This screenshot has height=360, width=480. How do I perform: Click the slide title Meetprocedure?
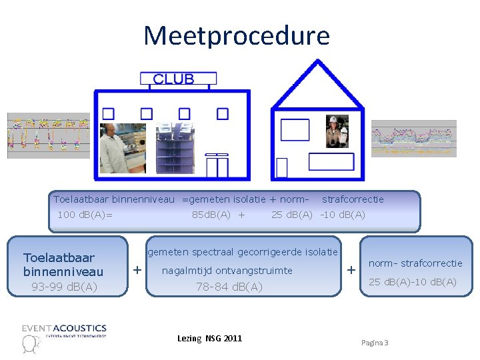(x=237, y=35)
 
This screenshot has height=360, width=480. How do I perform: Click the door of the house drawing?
(x=281, y=167)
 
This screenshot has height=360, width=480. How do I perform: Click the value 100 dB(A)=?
(x=85, y=215)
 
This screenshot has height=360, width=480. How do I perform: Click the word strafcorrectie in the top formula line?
(x=353, y=199)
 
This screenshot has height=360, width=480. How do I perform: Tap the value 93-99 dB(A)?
(x=64, y=287)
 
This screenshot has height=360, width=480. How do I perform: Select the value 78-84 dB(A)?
(x=229, y=287)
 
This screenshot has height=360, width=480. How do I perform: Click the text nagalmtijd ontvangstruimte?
(x=227, y=270)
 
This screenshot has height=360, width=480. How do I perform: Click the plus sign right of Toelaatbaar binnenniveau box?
(x=137, y=270)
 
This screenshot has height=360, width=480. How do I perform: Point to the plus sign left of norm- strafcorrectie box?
(x=351, y=270)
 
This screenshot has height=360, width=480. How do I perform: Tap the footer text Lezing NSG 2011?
(x=209, y=339)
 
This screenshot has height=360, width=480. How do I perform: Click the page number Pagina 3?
(x=375, y=343)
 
